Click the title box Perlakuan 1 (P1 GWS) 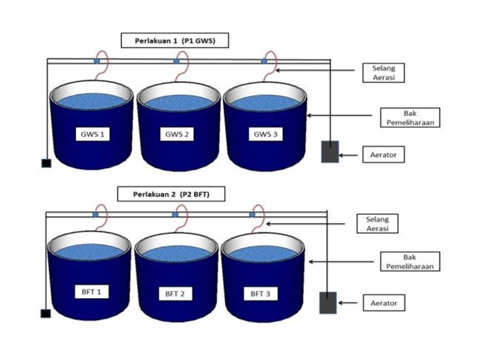(x=174, y=41)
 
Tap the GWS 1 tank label (x=92, y=134)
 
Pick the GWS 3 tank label (x=262, y=134)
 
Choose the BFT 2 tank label (x=175, y=294)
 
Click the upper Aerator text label (x=384, y=155)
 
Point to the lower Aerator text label (x=384, y=303)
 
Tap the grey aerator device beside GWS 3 (x=330, y=151)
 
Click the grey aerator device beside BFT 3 (x=327, y=302)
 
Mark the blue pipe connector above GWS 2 (x=176, y=61)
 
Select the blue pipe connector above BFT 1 (x=95, y=214)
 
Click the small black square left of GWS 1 (x=45, y=163)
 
